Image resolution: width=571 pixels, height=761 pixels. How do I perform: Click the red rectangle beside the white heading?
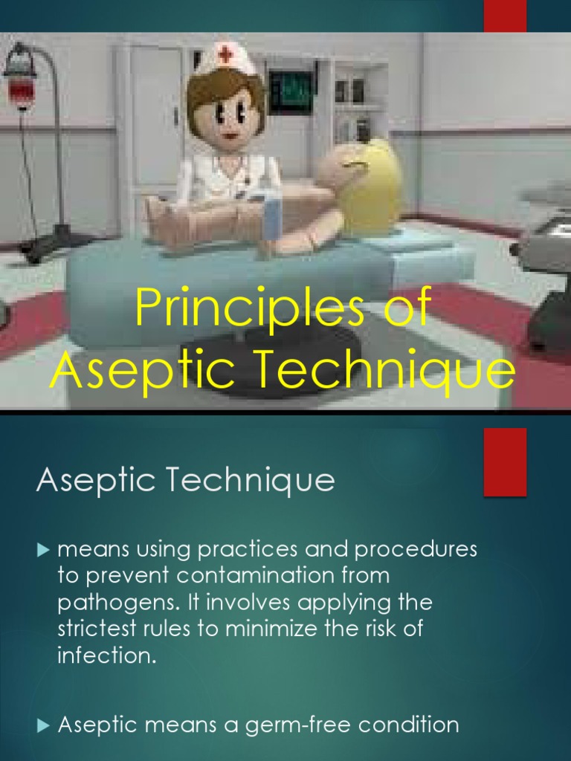coord(505,462)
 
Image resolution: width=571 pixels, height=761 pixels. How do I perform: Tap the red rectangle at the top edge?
coord(505,16)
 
